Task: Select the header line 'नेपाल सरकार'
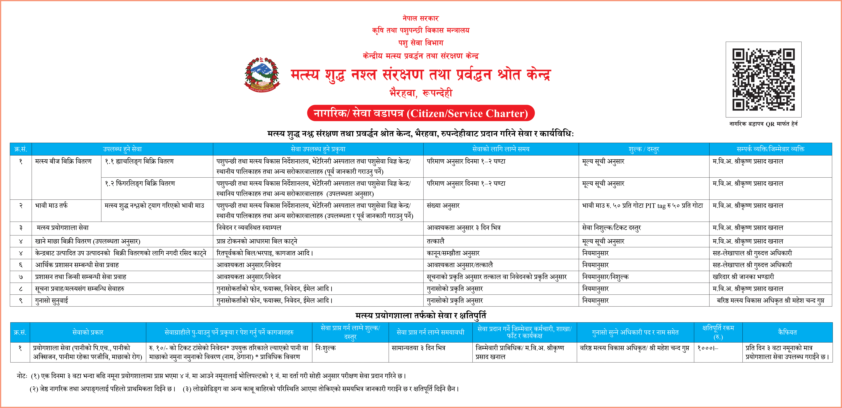tap(421, 18)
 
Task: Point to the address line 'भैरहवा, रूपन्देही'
tap(421, 93)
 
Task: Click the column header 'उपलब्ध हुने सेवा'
tap(122, 149)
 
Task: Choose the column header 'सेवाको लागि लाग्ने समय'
tap(501, 149)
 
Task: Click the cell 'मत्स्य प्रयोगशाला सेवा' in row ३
tap(63, 228)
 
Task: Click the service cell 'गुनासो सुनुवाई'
tap(52, 301)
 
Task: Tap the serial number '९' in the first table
tap(21, 301)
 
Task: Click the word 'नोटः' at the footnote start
tap(22, 376)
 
